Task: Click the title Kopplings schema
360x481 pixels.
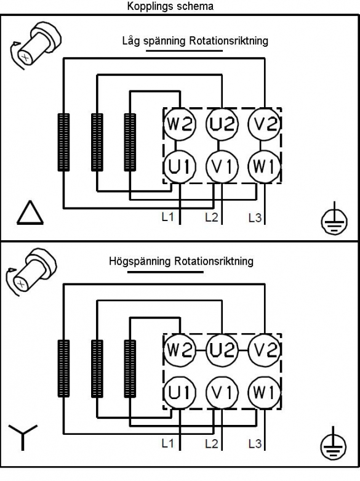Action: (x=170, y=6)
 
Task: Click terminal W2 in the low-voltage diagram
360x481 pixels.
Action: (x=180, y=124)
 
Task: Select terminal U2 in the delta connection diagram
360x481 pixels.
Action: (x=222, y=124)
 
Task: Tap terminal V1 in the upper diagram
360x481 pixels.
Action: (x=222, y=166)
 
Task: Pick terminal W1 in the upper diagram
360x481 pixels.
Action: (x=265, y=166)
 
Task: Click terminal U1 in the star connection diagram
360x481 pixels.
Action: (x=180, y=393)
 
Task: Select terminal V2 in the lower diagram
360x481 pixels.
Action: (x=265, y=350)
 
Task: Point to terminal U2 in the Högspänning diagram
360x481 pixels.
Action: (x=222, y=350)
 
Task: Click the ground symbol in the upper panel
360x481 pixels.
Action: (x=334, y=219)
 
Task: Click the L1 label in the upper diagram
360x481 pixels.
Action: (x=168, y=217)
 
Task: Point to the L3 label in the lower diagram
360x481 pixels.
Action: (x=255, y=444)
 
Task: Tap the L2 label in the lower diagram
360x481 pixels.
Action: (x=211, y=444)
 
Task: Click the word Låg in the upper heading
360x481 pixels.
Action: (x=132, y=41)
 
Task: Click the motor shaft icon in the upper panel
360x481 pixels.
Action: (x=35, y=44)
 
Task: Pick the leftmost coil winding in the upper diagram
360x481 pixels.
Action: (x=63, y=142)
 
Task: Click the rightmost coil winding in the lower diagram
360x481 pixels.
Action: (x=130, y=369)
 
